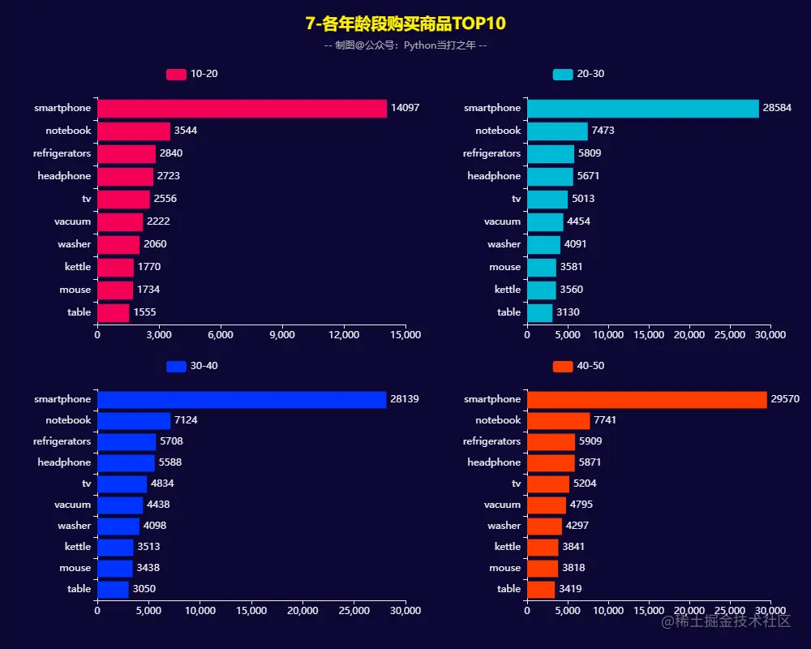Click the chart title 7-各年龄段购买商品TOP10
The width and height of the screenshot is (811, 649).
pyautogui.click(x=405, y=24)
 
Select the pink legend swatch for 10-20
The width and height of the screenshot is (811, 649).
pyautogui.click(x=176, y=75)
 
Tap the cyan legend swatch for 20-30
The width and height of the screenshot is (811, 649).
pyautogui.click(x=563, y=75)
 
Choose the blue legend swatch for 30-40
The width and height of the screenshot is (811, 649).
pyautogui.click(x=176, y=367)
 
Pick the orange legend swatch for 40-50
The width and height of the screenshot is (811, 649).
pyautogui.click(x=563, y=367)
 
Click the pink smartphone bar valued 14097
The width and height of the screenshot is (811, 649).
pyautogui.click(x=242, y=109)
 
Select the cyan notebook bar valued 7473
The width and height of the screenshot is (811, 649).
pyautogui.click(x=557, y=131)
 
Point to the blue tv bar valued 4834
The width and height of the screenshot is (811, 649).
pyautogui.click(x=122, y=484)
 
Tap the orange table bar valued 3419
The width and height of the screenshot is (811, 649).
pyautogui.click(x=541, y=590)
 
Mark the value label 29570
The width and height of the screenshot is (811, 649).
pyautogui.click(x=786, y=399)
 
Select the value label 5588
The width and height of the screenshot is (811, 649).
pyautogui.click(x=171, y=463)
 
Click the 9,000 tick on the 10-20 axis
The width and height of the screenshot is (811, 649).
pyautogui.click(x=282, y=334)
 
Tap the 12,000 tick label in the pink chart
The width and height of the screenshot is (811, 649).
pyautogui.click(x=344, y=334)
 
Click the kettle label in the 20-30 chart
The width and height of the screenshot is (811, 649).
pyautogui.click(x=508, y=290)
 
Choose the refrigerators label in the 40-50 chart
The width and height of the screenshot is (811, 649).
pyautogui.click(x=491, y=442)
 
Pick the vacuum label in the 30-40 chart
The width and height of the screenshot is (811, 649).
pyautogui.click(x=73, y=505)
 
